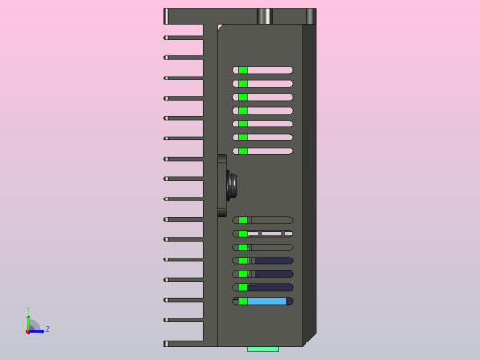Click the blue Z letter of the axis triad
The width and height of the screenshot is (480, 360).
click(47, 329)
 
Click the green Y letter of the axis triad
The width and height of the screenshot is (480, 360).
click(28, 311)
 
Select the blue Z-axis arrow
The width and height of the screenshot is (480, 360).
click(38, 330)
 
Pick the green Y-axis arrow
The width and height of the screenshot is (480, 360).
click(28, 321)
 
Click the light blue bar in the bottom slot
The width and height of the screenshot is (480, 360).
click(267, 301)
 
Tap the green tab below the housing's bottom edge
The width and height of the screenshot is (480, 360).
click(262, 349)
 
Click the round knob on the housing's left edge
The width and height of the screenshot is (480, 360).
click(232, 186)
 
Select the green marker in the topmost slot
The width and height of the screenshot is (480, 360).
click(243, 70)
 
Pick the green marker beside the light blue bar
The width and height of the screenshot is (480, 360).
click(243, 301)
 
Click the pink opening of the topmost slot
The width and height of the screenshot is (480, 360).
click(270, 70)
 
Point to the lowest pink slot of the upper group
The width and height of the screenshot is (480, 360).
click(270, 150)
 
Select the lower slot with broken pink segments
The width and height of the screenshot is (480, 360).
click(270, 234)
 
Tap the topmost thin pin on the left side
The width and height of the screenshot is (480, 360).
click(183, 37)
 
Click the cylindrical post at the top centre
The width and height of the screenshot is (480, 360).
click(264, 17)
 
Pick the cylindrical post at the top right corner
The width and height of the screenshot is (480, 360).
click(311, 17)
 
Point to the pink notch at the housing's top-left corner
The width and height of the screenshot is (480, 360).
click(219, 27)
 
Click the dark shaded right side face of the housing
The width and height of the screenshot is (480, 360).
click(309, 185)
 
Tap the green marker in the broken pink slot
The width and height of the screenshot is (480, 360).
click(243, 234)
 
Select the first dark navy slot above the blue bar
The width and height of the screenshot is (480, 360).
click(273, 287)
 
